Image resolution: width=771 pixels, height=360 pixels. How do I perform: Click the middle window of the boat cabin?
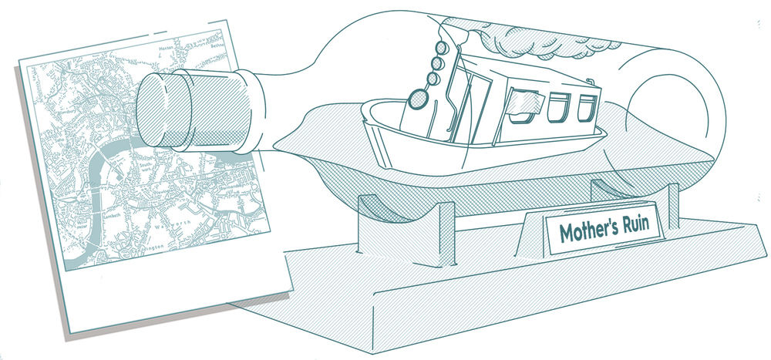556,106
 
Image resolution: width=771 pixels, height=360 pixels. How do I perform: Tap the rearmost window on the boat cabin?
588,104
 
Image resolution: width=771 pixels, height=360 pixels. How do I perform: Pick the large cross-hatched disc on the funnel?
419,98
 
